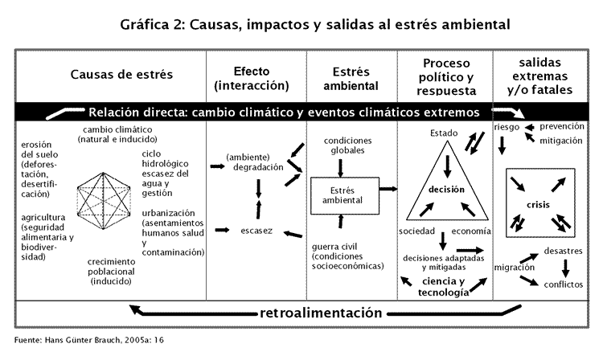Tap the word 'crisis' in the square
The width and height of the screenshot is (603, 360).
[x=538, y=205]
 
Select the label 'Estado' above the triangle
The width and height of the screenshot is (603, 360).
[x=444, y=133]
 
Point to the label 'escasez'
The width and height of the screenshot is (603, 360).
[x=256, y=231]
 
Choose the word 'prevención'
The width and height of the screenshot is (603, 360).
[x=562, y=126]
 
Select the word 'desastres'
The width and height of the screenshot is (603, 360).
[x=562, y=251]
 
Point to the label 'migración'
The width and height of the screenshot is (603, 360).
[x=515, y=268]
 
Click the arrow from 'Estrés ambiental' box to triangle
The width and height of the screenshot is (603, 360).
[x=389, y=190]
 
